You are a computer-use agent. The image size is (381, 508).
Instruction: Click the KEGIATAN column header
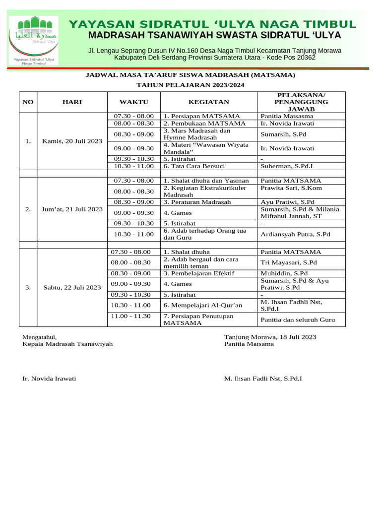pyautogui.click(x=209, y=102)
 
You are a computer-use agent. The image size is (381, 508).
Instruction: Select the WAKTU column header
pyautogui.click(x=134, y=102)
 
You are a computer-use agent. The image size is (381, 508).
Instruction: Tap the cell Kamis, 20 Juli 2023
pyautogui.click(x=72, y=141)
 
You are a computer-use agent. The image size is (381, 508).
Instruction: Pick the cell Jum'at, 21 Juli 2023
pyautogui.click(x=72, y=209)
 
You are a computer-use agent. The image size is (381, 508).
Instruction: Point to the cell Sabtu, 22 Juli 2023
pyautogui.click(x=72, y=287)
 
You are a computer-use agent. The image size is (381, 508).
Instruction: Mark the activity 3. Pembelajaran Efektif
pyautogui.click(x=199, y=273)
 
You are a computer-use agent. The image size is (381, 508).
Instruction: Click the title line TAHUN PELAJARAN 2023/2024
pyautogui.click(x=190, y=85)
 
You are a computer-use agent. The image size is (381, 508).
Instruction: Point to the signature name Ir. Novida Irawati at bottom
pyautogui.click(x=49, y=378)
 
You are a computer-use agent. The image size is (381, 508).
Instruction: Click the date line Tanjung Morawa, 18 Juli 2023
pyautogui.click(x=270, y=337)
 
